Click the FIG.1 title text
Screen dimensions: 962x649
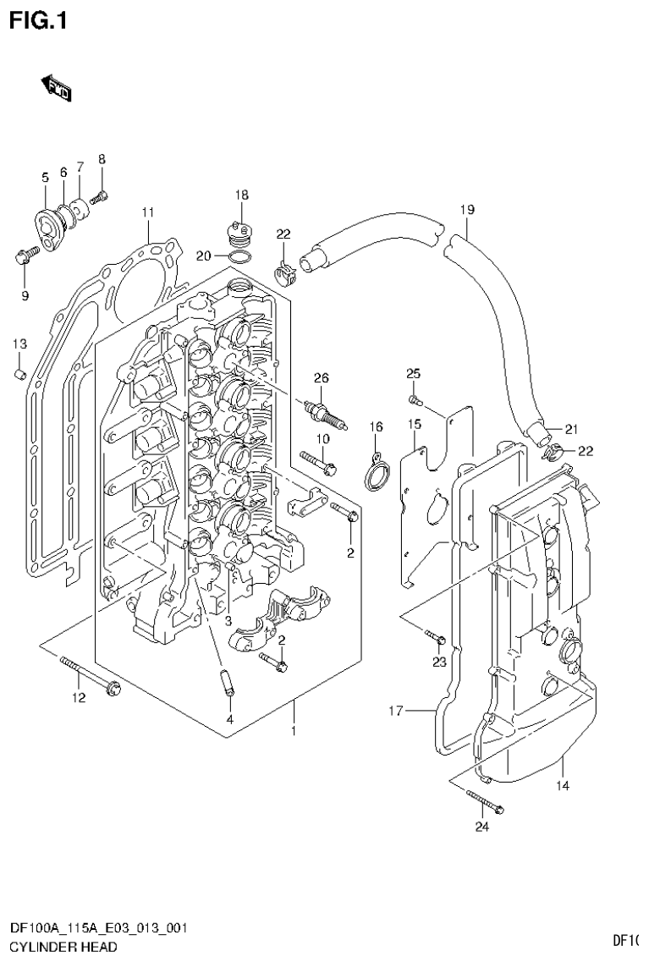[x=37, y=19]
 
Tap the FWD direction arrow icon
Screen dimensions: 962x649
[x=57, y=86]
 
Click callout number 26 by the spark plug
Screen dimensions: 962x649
[x=321, y=377]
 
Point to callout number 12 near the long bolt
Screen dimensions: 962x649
[x=78, y=698]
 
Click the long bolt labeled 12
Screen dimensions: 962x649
[x=91, y=675]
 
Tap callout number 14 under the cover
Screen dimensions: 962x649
[x=563, y=786]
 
